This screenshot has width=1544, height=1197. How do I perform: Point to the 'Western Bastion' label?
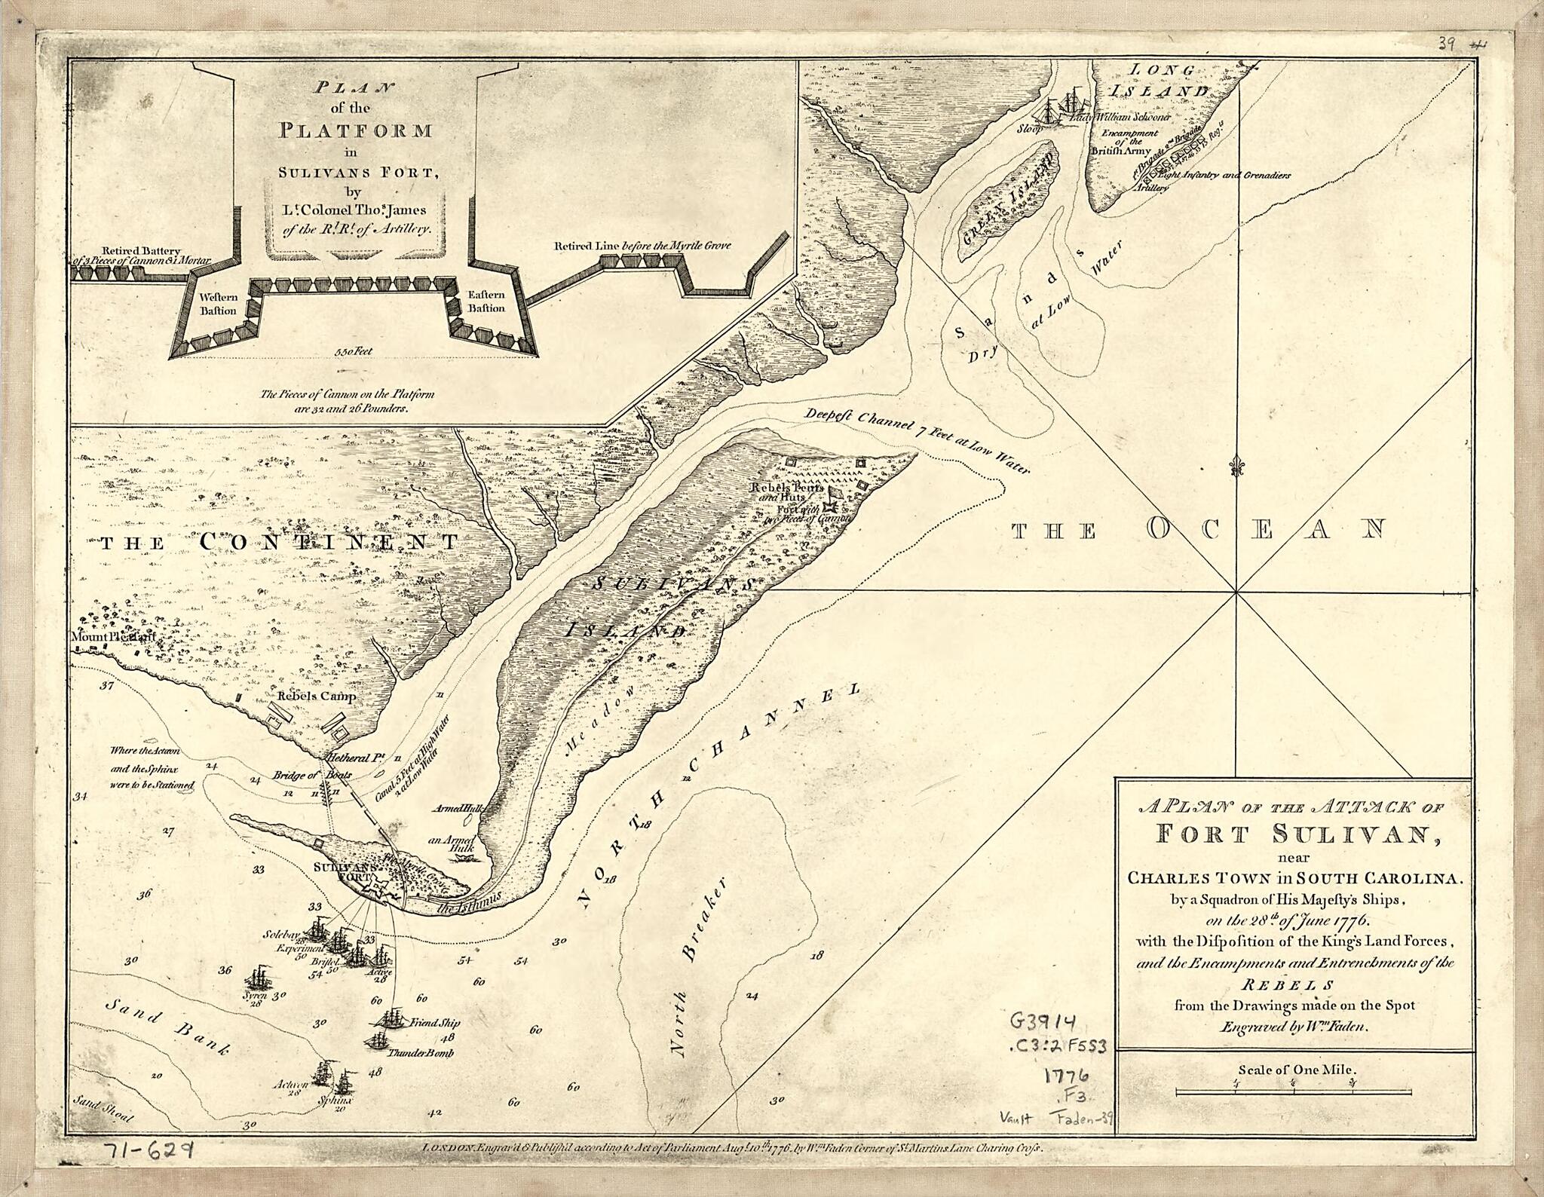point(218,304)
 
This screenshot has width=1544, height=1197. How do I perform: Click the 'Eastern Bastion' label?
point(486,302)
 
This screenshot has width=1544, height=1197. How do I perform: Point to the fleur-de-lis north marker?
point(1236,461)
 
